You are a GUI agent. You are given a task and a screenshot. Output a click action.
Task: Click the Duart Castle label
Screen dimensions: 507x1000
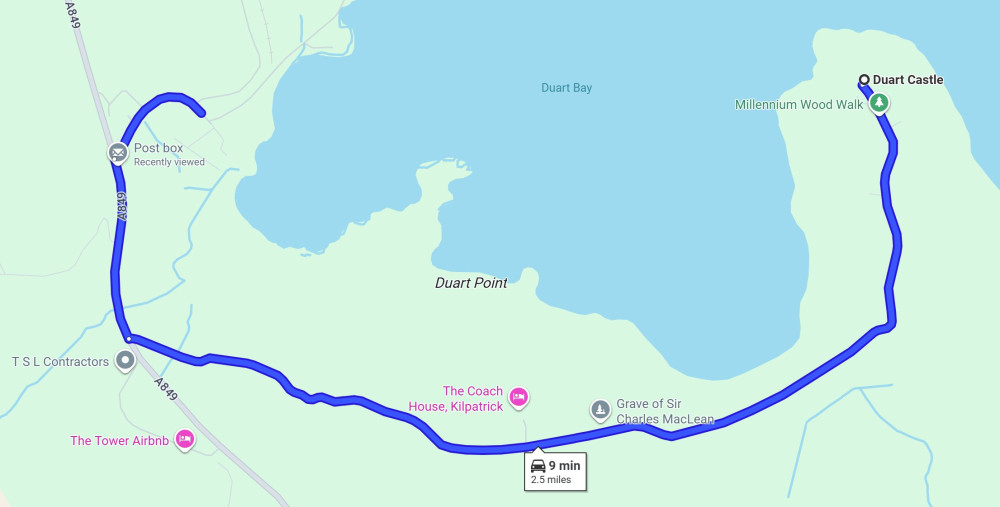tap(908, 80)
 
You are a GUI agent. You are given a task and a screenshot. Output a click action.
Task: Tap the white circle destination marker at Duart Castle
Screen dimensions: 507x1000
tap(864, 80)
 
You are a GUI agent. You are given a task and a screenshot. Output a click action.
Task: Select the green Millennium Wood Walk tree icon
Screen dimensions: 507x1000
tap(879, 103)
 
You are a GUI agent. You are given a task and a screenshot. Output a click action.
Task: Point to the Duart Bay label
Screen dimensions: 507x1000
tap(567, 88)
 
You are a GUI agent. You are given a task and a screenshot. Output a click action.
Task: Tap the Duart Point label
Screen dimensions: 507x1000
tap(471, 283)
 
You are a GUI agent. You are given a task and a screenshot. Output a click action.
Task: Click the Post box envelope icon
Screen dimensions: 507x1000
tap(119, 153)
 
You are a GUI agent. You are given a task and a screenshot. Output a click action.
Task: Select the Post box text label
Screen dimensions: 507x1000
tap(159, 148)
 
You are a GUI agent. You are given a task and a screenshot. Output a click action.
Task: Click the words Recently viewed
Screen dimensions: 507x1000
tap(169, 162)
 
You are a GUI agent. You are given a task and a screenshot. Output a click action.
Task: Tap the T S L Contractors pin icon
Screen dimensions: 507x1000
tap(125, 360)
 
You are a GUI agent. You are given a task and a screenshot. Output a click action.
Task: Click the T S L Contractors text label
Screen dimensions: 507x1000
tap(60, 361)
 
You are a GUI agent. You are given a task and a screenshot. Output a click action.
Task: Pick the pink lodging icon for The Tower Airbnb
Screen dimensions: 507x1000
tap(184, 439)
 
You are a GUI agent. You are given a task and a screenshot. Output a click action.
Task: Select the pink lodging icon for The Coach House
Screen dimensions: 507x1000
tap(518, 397)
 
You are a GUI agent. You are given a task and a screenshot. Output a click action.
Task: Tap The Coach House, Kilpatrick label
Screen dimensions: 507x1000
tap(456, 399)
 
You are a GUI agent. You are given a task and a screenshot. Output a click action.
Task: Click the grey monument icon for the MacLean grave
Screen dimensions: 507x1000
tap(600, 409)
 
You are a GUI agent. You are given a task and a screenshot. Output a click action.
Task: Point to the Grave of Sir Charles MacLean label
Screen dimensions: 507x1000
tap(665, 411)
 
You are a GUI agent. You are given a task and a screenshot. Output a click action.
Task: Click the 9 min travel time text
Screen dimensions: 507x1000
tap(564, 465)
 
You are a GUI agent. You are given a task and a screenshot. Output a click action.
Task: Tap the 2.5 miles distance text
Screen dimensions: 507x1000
tap(551, 480)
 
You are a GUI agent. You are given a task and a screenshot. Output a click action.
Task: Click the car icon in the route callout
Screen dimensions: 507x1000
tap(538, 466)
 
